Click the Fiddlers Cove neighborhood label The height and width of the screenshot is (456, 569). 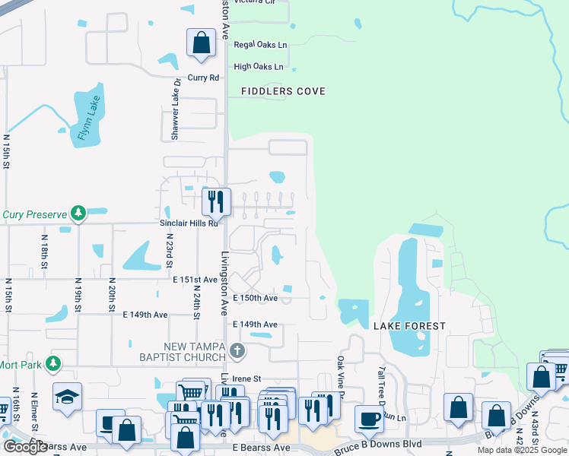[x=283, y=91]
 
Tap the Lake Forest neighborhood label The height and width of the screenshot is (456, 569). [x=409, y=325]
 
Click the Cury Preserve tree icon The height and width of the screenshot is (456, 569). [x=77, y=214]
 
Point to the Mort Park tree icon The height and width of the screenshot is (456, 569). [x=52, y=364]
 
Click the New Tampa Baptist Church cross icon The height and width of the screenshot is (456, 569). [x=237, y=350]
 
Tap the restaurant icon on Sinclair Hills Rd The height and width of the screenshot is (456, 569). [x=216, y=201]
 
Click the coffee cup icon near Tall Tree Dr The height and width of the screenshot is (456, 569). [x=369, y=417]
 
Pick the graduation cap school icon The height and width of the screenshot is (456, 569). [x=68, y=396]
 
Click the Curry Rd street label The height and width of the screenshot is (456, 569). [x=203, y=78]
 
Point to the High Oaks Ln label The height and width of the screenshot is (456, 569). [x=259, y=67]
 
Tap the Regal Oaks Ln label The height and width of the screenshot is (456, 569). [x=260, y=45]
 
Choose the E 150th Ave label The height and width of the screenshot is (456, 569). [x=255, y=299]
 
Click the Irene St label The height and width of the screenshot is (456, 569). [x=246, y=378]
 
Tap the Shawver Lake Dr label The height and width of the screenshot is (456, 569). [x=176, y=109]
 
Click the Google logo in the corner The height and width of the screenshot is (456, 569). [x=25, y=447]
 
